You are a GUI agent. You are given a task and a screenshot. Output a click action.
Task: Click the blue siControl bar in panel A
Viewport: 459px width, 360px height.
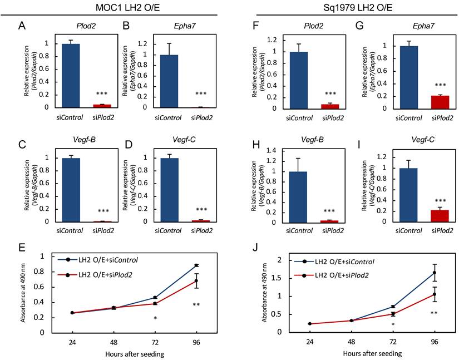[x=71, y=76]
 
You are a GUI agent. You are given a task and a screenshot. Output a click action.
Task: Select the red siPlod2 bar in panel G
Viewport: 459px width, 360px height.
[x=440, y=102]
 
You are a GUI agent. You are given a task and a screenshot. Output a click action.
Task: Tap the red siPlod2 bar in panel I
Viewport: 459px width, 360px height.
[x=440, y=216]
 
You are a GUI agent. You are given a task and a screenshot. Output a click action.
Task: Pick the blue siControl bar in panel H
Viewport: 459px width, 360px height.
[x=298, y=198]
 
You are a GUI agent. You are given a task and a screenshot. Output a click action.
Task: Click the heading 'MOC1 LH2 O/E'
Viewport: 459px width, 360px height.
[x=127, y=8]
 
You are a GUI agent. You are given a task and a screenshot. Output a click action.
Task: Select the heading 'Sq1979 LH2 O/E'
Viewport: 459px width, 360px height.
[x=358, y=8]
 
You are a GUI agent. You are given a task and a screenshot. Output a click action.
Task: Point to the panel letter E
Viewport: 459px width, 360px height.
[x=22, y=248]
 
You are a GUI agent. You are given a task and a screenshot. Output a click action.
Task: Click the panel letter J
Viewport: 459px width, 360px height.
[x=255, y=248]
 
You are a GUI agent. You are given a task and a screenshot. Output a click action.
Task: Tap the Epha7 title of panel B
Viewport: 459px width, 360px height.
[x=184, y=26]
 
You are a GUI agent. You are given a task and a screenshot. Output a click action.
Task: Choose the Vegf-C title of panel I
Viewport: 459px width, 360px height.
[x=423, y=140]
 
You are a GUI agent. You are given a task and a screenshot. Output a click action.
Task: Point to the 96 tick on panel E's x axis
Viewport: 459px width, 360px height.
[x=196, y=342]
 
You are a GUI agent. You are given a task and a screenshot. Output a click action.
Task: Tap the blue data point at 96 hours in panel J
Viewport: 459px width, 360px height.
[x=435, y=273]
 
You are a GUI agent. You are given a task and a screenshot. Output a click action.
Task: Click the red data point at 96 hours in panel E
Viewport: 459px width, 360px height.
[x=196, y=280]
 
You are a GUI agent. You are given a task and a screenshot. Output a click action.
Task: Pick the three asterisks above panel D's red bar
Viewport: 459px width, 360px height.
[x=201, y=210]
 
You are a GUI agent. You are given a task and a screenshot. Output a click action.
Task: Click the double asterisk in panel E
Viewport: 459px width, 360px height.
[x=196, y=305]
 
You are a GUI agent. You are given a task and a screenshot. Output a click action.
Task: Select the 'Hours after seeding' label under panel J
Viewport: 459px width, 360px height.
[x=372, y=353]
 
